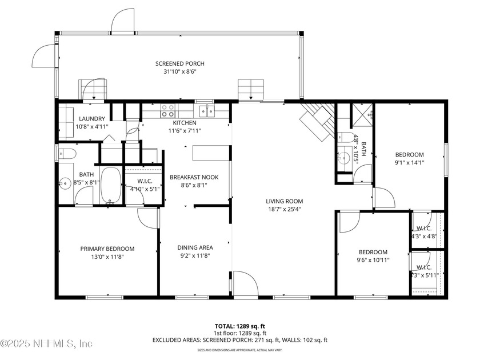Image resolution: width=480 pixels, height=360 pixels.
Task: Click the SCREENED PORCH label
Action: coord(180,63)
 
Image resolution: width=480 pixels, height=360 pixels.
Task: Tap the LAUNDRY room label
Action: coord(92,119)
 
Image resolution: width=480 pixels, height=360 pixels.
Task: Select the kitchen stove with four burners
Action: coord(168,110)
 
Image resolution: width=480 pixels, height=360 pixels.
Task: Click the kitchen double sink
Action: coord(206,110)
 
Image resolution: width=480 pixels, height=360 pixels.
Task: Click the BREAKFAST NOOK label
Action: coord(194,177)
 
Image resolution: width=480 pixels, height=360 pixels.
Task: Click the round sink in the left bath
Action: coord(65,184)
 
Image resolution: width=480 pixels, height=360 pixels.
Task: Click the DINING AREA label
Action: coord(195,247)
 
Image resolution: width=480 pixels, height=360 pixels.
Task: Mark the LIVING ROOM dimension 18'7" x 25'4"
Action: coord(284,209)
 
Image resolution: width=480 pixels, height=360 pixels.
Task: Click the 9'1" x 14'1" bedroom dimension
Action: coord(410,163)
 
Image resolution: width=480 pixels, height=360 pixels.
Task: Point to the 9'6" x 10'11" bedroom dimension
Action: coord(373,260)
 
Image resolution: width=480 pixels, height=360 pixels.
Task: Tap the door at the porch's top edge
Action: coord(122,21)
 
